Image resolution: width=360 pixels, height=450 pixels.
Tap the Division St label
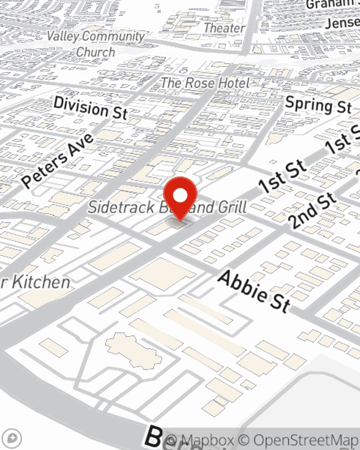click(90, 107)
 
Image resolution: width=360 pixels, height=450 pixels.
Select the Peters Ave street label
click(58, 160)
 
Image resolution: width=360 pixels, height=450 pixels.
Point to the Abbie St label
click(254, 291)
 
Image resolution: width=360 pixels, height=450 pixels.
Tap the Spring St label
click(318, 105)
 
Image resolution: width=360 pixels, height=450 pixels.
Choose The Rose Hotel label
click(205, 83)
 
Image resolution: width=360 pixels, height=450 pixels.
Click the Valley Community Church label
click(96, 43)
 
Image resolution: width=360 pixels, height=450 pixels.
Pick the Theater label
click(224, 28)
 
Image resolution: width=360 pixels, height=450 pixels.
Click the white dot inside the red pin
click(180, 195)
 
